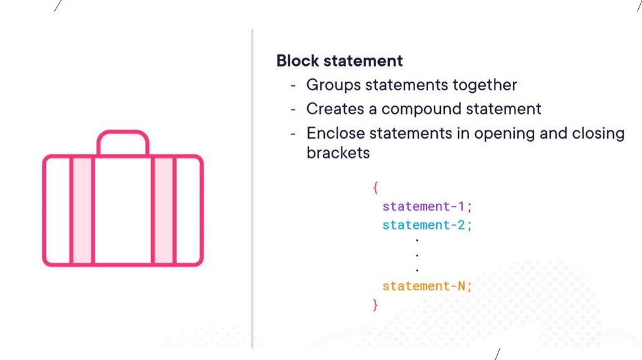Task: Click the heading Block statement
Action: tap(339, 61)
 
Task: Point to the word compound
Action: tap(421, 109)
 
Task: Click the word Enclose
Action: tap(335, 133)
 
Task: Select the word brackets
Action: tap(338, 152)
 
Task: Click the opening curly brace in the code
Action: tap(375, 187)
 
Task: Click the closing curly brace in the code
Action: tap(375, 305)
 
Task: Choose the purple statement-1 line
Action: tap(426, 206)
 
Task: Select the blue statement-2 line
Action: tap(426, 225)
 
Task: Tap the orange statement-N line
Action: tap(426, 286)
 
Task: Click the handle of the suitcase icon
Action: tap(123, 134)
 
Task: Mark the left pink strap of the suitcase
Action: tap(82, 210)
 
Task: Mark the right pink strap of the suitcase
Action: tap(164, 210)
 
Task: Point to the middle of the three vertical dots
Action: tap(417, 255)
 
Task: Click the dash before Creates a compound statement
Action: tap(293, 109)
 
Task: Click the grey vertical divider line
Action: tap(253, 188)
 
